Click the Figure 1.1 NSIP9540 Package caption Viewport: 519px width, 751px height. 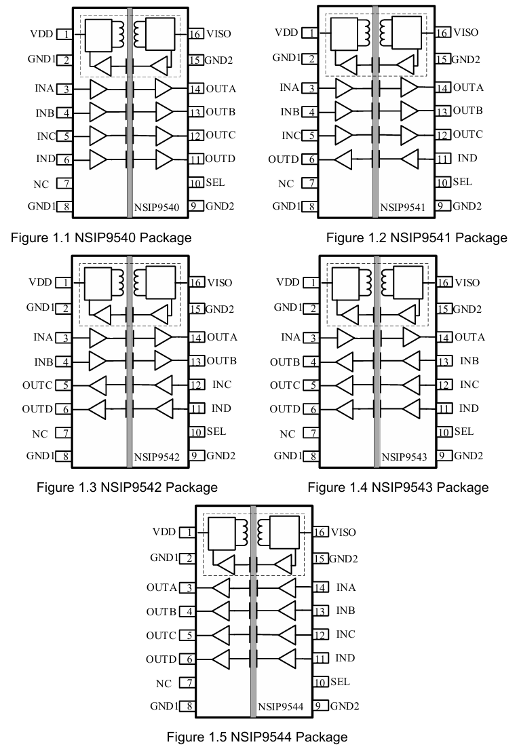(x=101, y=237)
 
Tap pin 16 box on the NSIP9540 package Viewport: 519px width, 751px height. (x=195, y=33)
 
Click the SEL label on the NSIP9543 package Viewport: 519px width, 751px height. (x=463, y=431)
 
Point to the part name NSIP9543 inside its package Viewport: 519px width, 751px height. (x=404, y=457)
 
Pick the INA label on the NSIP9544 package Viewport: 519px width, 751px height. (x=345, y=588)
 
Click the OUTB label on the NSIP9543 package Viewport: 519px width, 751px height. (x=285, y=362)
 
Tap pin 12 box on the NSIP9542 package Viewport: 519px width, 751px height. (x=195, y=385)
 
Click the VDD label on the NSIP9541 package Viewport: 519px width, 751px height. (x=286, y=32)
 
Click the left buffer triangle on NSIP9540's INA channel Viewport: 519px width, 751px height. (x=98, y=88)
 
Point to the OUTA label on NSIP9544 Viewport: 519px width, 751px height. (x=161, y=588)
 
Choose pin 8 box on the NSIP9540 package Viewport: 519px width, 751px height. (x=65, y=207)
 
